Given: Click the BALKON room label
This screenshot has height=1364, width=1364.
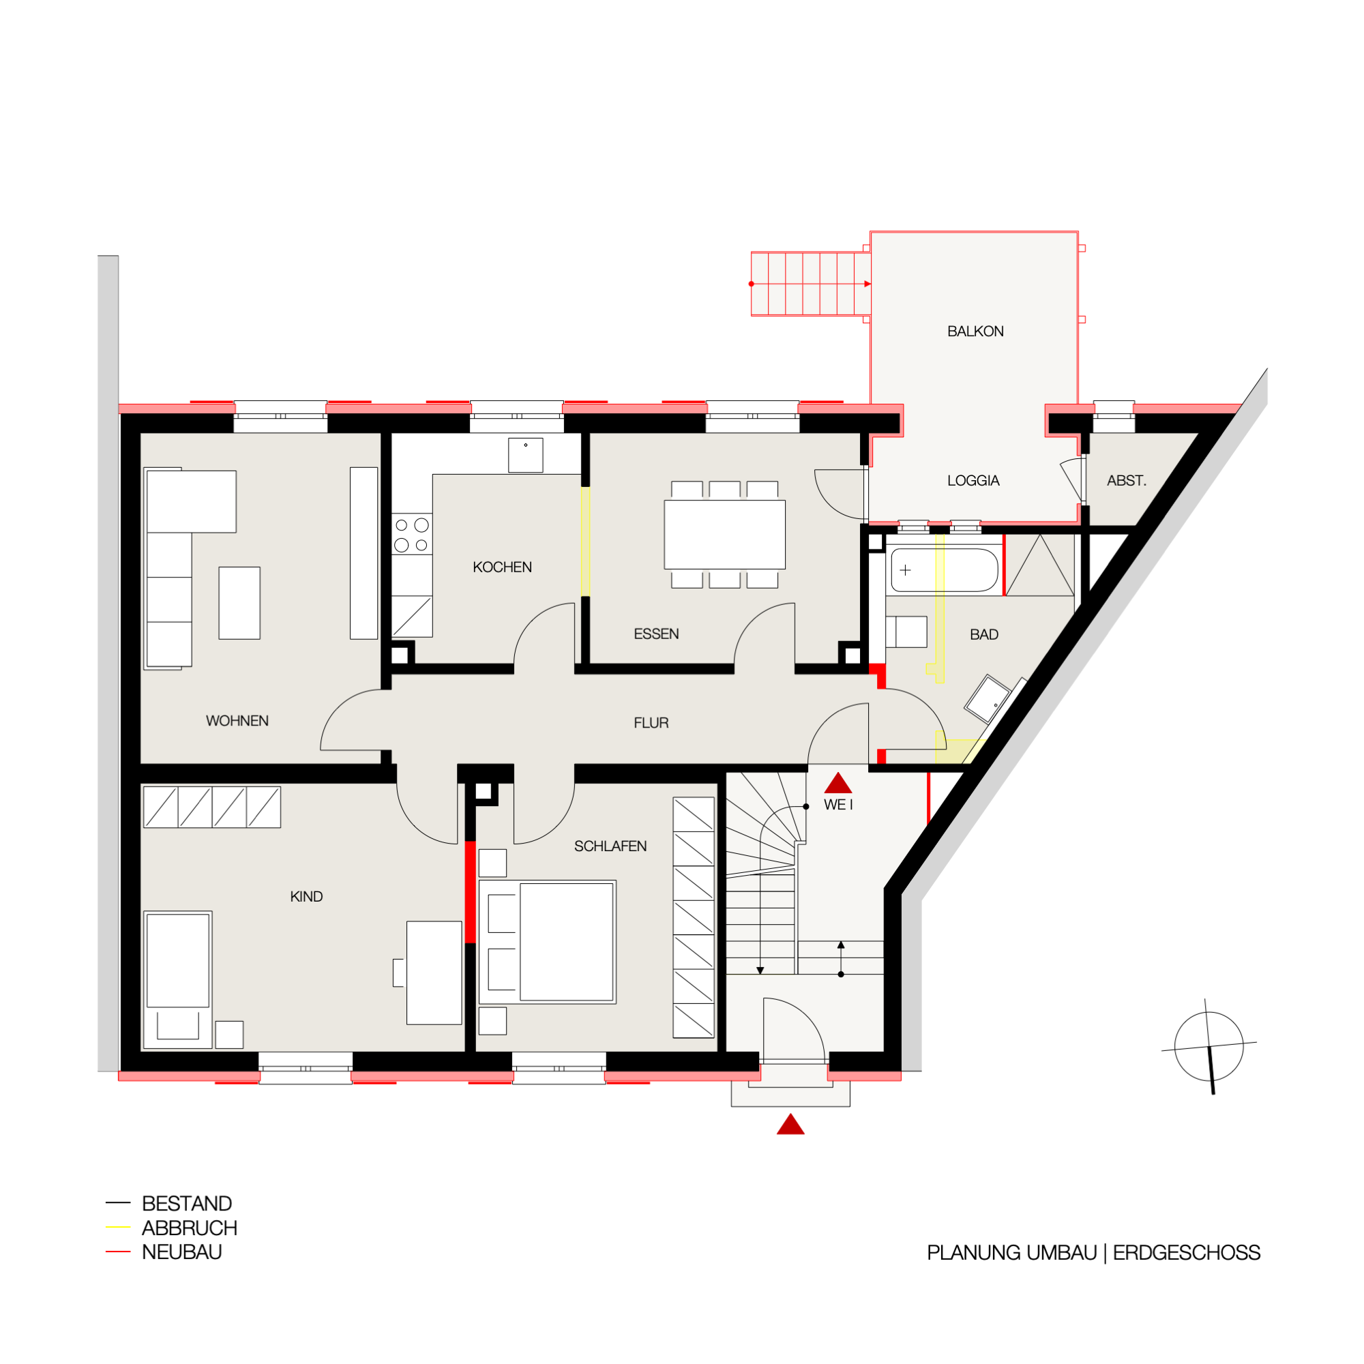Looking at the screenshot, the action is pos(975,331).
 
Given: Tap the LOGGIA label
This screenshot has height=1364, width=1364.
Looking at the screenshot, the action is pos(973,481).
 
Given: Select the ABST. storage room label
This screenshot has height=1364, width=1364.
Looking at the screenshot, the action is pos(1126,481).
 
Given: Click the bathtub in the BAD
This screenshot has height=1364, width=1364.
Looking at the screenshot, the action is pos(944,569).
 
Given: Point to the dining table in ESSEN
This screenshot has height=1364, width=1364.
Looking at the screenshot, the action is pos(724,535).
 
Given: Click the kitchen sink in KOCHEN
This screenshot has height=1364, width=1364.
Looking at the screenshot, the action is pos(525,456).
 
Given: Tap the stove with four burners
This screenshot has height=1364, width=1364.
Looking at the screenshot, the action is pos(412,535).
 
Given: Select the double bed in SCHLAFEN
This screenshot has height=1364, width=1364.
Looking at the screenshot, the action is pos(547,942).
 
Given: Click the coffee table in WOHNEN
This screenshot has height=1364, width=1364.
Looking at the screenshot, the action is pos(239,603).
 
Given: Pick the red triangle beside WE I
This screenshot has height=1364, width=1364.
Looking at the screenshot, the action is pos(838,783).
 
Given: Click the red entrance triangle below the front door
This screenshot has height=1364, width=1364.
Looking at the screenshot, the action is pos(790,1125).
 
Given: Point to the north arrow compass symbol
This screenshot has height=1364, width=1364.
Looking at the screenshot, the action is pos(1209,1046).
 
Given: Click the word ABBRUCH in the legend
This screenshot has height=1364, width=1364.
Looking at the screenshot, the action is pos(189,1228).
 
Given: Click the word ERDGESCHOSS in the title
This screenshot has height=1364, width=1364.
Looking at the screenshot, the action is pos(1187,1252).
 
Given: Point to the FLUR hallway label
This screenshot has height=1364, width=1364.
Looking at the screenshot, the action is pos(651,723).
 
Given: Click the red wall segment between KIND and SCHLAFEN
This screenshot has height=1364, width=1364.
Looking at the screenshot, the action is pos(470,891).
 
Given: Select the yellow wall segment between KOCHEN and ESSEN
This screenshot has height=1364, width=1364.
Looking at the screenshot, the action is pos(585,542).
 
